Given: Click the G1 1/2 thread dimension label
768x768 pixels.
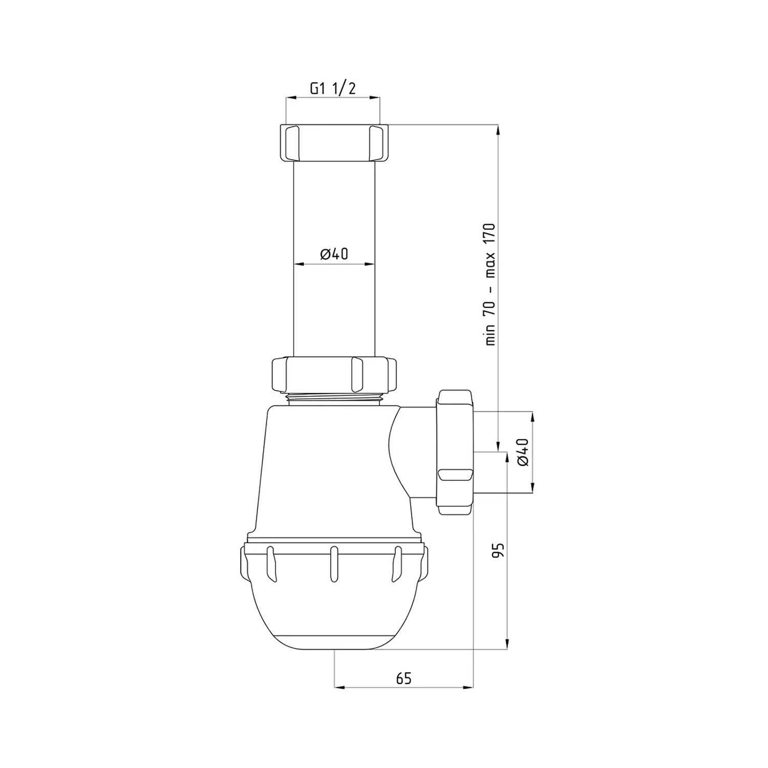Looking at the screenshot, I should pos(332,88).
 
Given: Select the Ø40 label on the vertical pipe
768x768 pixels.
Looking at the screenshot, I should pos(334,254).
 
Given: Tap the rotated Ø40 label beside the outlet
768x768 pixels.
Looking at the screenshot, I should pos(522,452).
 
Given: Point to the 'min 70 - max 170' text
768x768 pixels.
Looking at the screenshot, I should pos(490,284).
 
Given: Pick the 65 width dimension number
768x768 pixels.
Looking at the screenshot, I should pos(403,678).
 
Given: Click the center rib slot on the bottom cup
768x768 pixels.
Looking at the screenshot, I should pos(334,563).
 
